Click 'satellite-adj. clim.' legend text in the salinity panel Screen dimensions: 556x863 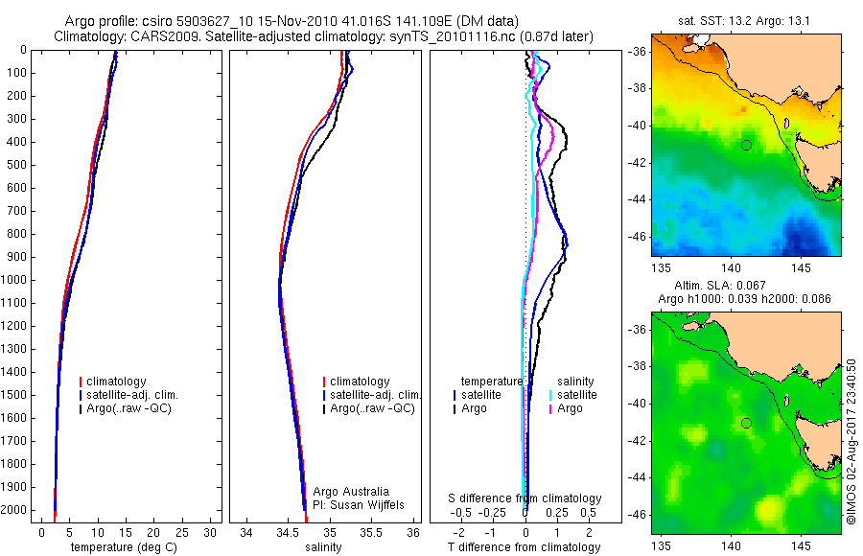click(x=375, y=395)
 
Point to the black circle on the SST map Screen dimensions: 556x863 click(x=745, y=145)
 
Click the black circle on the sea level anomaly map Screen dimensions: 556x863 click(x=745, y=423)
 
